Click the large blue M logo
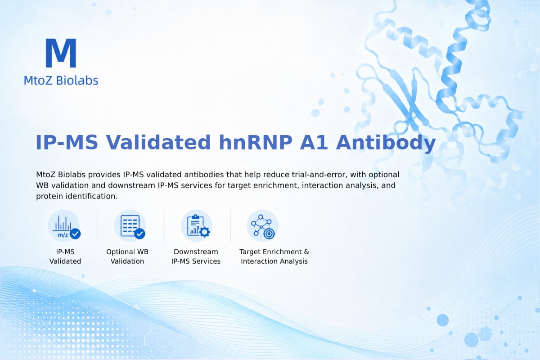coord(61,53)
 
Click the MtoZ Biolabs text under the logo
coord(61,80)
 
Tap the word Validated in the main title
coord(158,142)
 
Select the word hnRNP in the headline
coord(255,142)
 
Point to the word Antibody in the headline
coord(386,143)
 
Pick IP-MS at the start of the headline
coord(67,142)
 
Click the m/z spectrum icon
coord(64,226)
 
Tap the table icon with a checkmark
coord(130,226)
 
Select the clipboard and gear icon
coord(197,226)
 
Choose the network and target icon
coord(262,226)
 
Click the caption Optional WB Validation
coord(127,256)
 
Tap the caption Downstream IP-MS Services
coord(196,256)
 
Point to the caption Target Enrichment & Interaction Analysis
coord(274,256)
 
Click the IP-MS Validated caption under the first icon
coord(65,256)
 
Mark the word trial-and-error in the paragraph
coord(319,175)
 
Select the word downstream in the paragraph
coord(131,185)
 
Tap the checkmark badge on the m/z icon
coord(75,234)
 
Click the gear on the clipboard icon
coord(205,232)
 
